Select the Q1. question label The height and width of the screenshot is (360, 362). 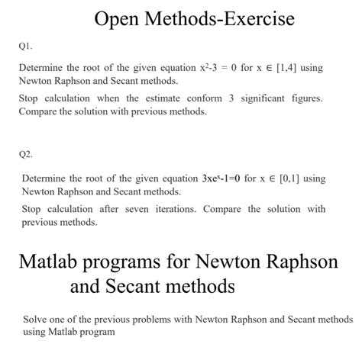pos(26,45)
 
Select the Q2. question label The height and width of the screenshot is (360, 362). pos(26,155)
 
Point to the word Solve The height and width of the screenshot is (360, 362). pos(36,319)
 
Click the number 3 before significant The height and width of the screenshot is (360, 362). pos(231,99)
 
